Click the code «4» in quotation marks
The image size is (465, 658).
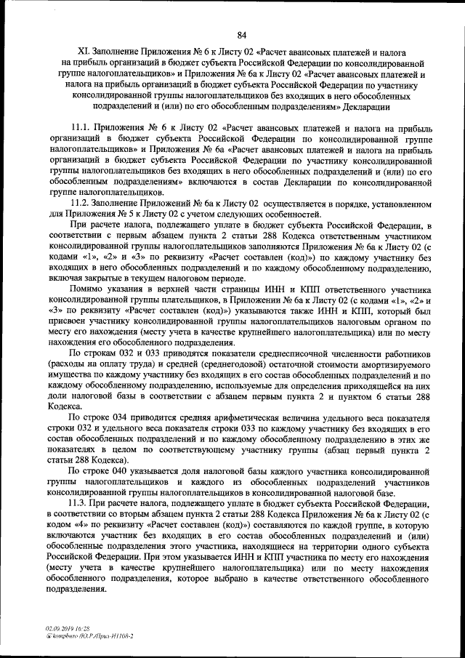(x=77, y=526)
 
